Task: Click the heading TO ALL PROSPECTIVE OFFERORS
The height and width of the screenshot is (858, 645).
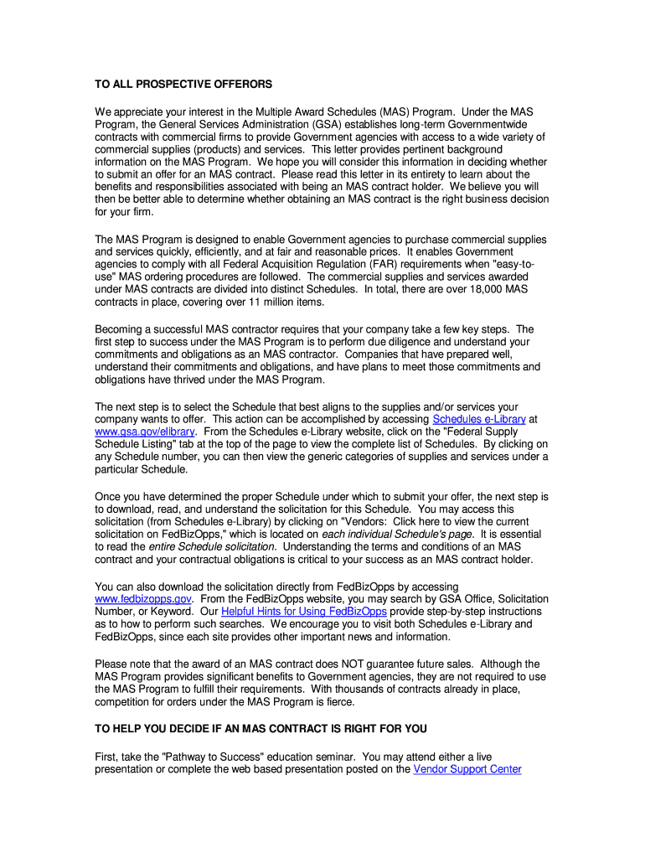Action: click(x=183, y=85)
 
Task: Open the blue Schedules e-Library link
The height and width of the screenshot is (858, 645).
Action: click(x=478, y=419)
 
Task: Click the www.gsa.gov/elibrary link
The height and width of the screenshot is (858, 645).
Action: click(x=144, y=432)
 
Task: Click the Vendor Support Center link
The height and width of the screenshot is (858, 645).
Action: click(x=467, y=768)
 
